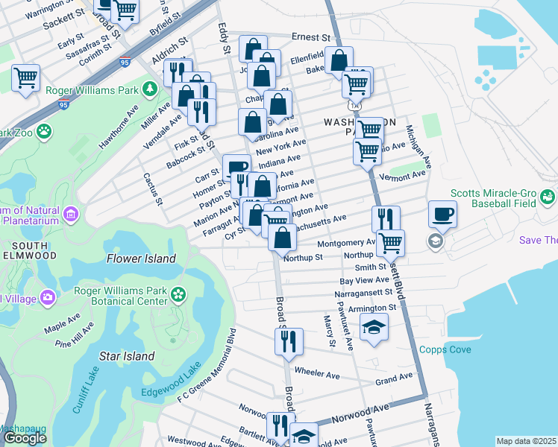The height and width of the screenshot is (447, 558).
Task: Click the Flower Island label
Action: click(x=141, y=259)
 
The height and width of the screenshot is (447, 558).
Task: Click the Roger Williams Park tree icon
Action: click(x=150, y=90)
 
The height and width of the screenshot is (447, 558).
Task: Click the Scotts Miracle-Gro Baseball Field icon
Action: click(x=548, y=197)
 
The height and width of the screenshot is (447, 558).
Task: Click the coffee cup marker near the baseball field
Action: click(x=442, y=215)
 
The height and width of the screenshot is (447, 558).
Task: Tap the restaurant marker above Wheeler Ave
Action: click(x=288, y=342)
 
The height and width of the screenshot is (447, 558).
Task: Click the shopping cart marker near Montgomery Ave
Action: click(x=390, y=242)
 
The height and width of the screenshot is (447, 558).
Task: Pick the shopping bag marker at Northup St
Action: click(x=282, y=239)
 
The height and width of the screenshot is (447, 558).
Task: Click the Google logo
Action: click(x=25, y=438)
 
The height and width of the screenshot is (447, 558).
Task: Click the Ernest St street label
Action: click(x=310, y=37)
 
